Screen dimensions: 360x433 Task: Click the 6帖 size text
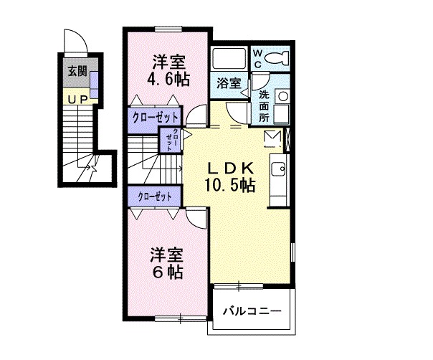coord(166,272)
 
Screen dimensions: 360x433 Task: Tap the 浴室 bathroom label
coord(228,83)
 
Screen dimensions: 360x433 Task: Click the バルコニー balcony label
coord(251,311)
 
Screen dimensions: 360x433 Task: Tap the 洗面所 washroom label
coord(265,105)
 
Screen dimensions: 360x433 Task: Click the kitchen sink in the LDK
coord(277,170)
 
